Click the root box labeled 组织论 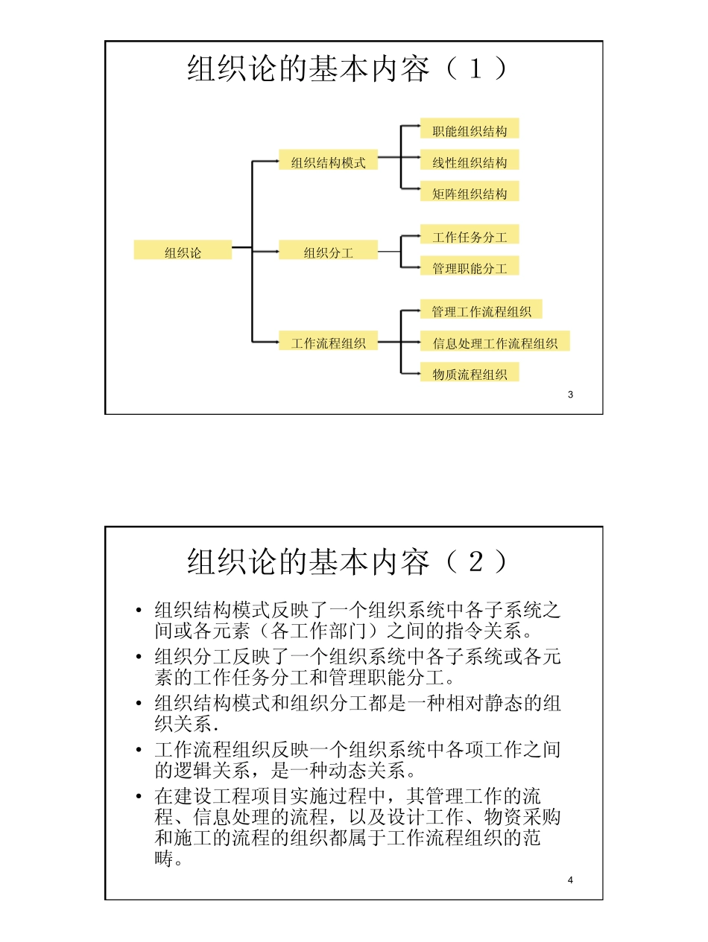pos(183,251)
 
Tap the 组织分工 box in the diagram pos(328,251)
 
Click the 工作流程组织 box pos(328,342)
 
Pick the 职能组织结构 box pos(470,130)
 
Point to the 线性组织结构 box pos(470,161)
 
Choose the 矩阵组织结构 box pos(470,192)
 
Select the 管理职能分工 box pos(470,267)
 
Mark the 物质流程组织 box pos(470,373)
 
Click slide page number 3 pos(570,395)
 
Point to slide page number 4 pos(570,880)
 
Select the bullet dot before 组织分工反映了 pos(139,658)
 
